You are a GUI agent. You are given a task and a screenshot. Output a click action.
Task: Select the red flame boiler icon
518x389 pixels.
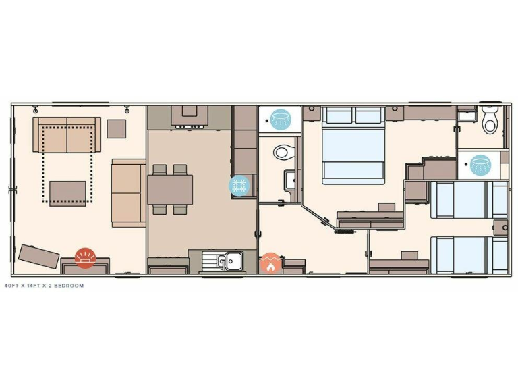click(270, 263)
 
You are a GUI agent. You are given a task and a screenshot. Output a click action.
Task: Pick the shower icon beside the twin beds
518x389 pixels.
click(480, 164)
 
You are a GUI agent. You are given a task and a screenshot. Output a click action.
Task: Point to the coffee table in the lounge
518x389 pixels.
click(67, 192)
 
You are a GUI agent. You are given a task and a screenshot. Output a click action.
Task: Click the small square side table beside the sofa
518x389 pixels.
click(117, 128)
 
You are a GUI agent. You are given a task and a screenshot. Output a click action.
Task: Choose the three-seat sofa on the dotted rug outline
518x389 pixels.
click(67, 135)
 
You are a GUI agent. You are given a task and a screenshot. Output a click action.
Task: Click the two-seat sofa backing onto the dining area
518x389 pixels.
click(128, 192)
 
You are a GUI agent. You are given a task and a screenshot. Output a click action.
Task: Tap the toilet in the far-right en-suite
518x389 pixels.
click(491, 121)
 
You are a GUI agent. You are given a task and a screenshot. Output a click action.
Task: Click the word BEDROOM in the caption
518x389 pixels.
click(69, 286)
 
